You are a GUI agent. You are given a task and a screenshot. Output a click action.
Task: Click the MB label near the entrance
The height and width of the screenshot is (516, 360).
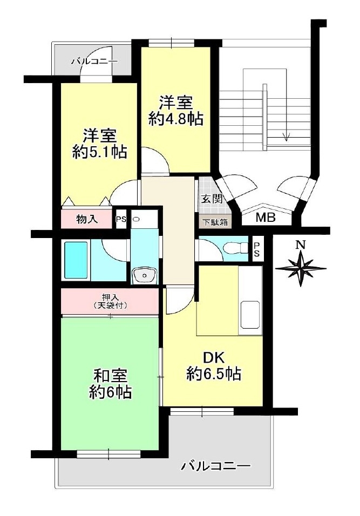click(x=266, y=218)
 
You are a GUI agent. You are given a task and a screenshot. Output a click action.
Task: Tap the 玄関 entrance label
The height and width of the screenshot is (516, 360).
click(x=212, y=199)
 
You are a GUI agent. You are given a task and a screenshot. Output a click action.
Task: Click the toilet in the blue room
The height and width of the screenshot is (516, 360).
click(x=235, y=247)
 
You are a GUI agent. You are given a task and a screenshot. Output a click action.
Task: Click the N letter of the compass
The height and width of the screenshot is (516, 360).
click(x=300, y=245)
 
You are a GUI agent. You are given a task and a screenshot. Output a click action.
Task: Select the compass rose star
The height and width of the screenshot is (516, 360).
click(x=301, y=269)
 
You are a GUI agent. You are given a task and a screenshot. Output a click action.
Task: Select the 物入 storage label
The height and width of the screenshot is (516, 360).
click(x=87, y=219)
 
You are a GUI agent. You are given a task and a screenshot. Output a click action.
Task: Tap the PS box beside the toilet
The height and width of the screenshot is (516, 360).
click(x=257, y=249)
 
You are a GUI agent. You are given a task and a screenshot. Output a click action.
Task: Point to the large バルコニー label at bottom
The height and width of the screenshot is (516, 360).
click(x=215, y=466)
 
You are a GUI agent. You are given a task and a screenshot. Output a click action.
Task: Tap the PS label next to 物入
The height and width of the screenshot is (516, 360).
click(x=121, y=219)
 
